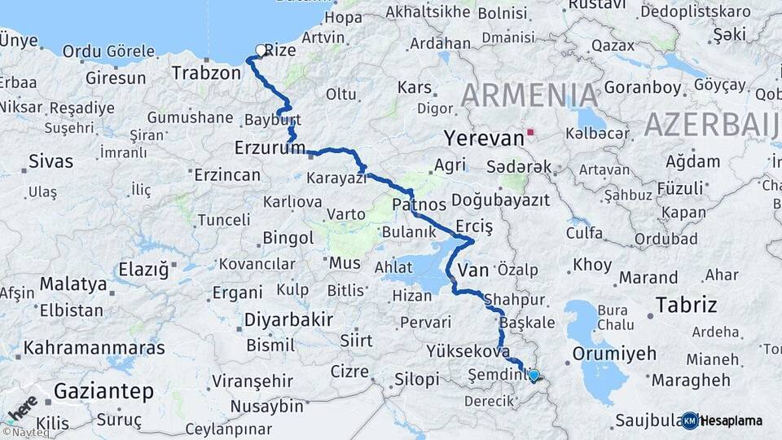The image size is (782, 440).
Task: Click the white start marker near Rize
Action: point(261,51)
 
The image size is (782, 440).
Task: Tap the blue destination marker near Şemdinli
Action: point(534,375)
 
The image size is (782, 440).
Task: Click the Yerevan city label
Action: point(484,139)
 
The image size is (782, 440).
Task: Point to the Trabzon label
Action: point(206,73)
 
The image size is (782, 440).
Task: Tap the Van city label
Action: point(472,270)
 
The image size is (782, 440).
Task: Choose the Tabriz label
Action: point(687,306)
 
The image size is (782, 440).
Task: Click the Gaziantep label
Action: point(103,392)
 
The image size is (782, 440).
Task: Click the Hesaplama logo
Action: point(723,420)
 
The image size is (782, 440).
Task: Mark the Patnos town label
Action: point(419,204)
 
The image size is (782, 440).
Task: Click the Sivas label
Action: point(51,161)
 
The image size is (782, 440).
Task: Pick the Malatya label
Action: point(73,284)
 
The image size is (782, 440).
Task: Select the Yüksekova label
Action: point(462,351)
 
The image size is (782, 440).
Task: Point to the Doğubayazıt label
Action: point(500,200)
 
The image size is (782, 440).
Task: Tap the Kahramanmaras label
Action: point(94,348)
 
